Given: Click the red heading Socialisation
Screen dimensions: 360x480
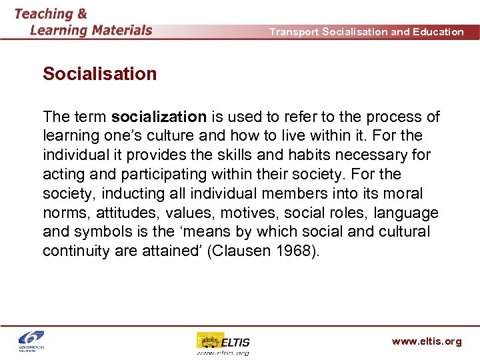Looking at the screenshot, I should pos(99,74).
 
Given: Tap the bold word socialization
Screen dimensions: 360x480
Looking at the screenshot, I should pos(159,117).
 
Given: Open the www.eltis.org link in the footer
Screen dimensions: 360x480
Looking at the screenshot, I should pos(426,341).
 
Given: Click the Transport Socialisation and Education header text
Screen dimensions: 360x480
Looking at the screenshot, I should pos(366,31).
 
